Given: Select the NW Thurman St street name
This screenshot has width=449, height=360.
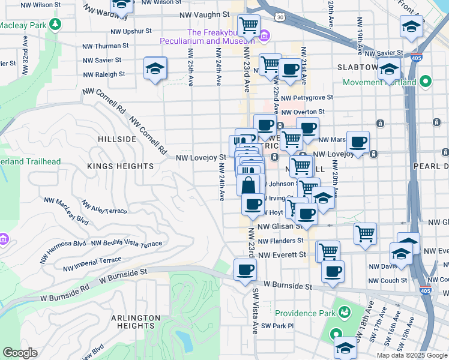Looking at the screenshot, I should click(106, 45).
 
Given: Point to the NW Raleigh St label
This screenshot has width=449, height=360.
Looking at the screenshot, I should click(104, 74).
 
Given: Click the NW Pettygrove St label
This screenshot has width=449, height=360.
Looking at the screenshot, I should click(307, 97).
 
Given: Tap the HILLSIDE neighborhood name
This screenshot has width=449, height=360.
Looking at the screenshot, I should click(117, 139).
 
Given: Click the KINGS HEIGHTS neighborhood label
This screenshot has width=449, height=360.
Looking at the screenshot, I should click(120, 166).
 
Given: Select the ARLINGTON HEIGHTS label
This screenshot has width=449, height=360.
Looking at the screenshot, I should click(135, 322).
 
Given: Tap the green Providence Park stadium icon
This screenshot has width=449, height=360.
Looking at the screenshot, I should click(344, 313).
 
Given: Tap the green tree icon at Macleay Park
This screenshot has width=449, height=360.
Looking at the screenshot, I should click(55, 25).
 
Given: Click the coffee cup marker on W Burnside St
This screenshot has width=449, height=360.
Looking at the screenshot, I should click(244, 270).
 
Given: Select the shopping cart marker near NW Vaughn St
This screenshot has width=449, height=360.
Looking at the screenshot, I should click(249, 25).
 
